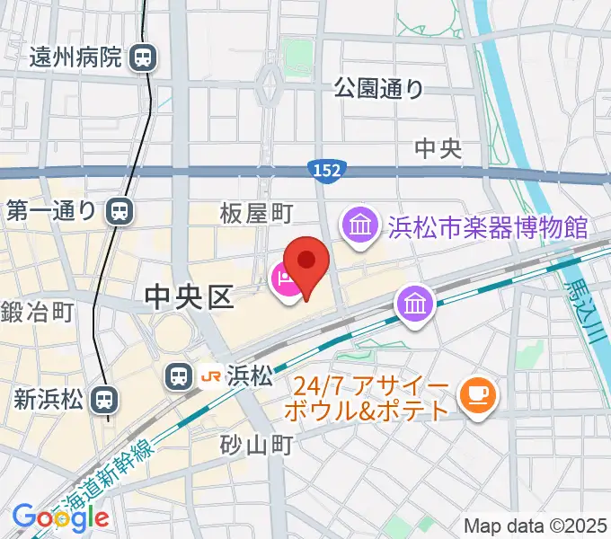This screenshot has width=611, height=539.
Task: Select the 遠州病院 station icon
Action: point(143,59)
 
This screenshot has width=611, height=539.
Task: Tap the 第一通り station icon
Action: point(118,211)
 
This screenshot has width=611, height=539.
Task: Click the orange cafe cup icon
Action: point(474,393)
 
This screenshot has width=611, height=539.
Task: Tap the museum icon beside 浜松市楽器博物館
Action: point(359,225)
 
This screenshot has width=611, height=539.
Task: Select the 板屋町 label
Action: point(257,212)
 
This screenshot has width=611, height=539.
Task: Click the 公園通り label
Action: point(379,88)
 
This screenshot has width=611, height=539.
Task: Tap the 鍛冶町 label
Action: point(37,313)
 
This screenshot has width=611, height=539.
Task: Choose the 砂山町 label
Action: point(257,444)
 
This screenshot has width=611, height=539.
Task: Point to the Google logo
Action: point(60,517)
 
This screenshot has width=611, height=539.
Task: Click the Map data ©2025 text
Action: point(536,525)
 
